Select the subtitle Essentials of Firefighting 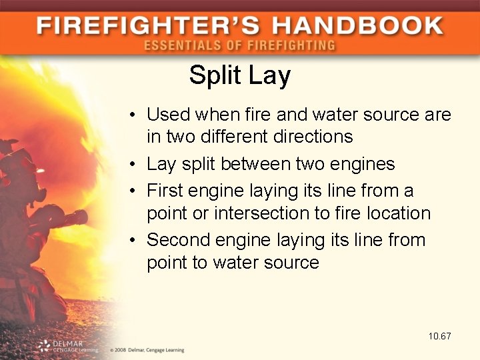[239, 45]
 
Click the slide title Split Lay [239, 75]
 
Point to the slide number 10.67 [440, 336]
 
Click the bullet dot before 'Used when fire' [134, 115]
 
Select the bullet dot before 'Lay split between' [134, 164]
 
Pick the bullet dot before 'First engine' [134, 191]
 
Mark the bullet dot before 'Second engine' [134, 240]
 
